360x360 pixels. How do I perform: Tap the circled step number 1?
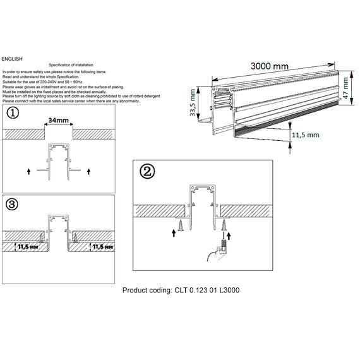[x=13, y=114]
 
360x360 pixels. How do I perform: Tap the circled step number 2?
[x=147, y=171]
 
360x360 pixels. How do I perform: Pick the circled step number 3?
[x=13, y=204]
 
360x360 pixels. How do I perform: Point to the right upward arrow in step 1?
[x=89, y=171]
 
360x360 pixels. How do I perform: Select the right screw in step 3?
[x=75, y=236]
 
